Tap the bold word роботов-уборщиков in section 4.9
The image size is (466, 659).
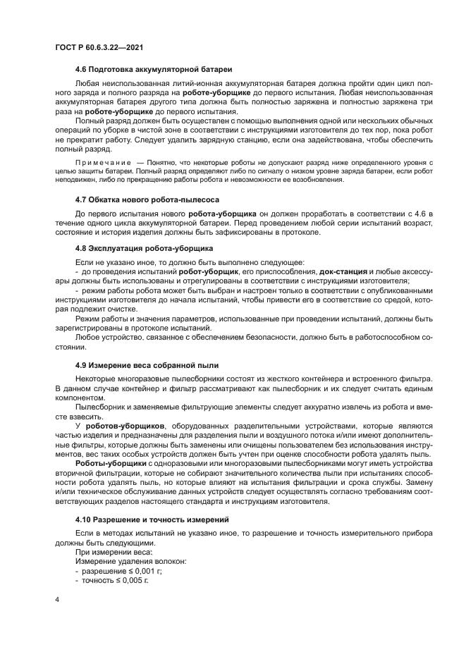[125, 426]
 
